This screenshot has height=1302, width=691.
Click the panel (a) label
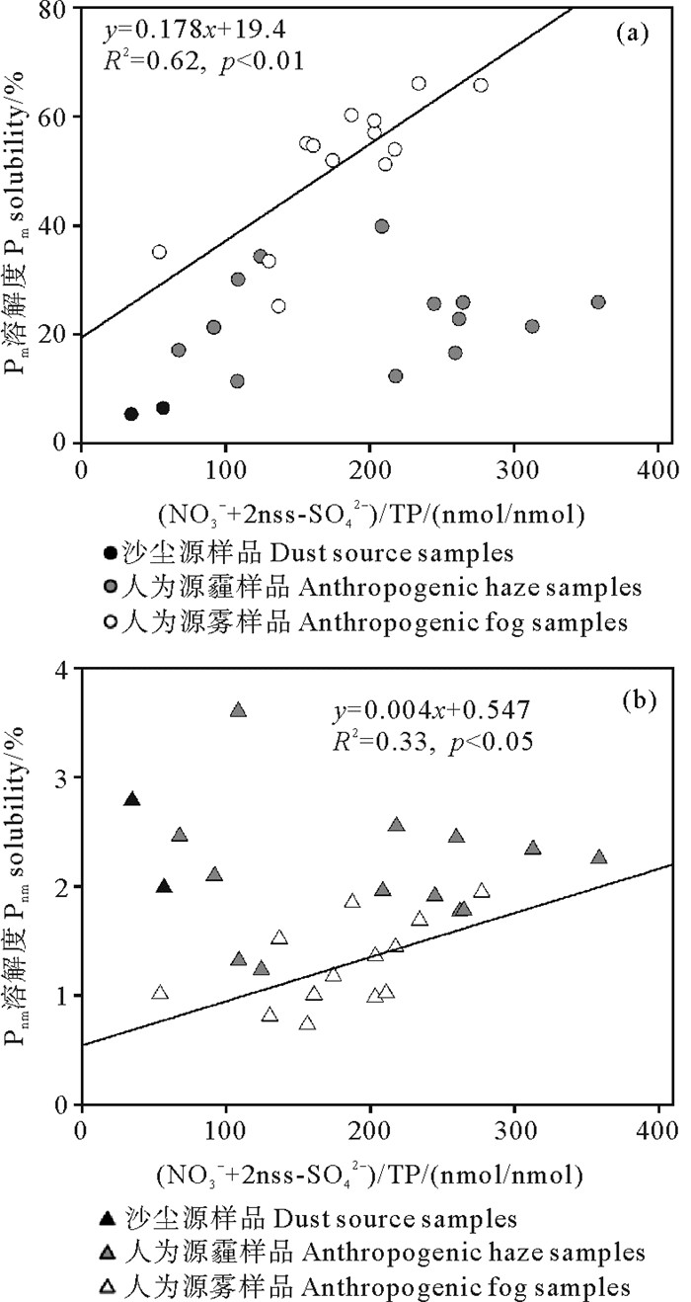point(632,34)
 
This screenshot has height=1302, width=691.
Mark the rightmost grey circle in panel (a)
point(598,302)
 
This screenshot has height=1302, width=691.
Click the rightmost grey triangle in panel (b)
point(598,857)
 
